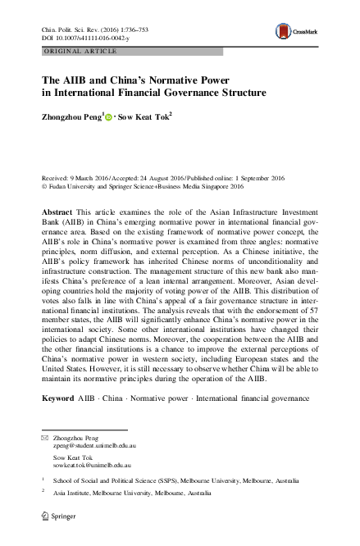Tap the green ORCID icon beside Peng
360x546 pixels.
click(111, 118)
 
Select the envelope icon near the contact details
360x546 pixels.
click(45, 439)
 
